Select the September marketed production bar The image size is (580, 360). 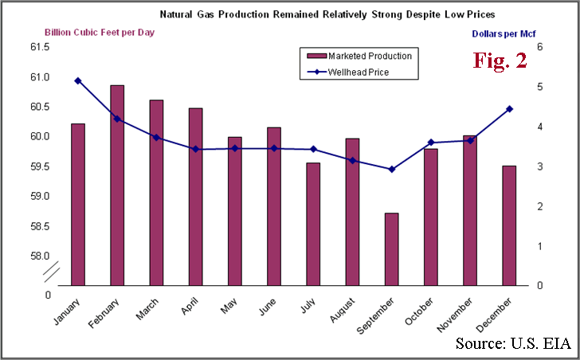click(391, 248)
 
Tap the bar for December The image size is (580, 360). click(509, 225)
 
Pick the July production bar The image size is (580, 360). click(313, 223)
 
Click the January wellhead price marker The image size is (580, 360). click(77, 80)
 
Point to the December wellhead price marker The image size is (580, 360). click(509, 109)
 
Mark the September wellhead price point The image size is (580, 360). click(391, 169)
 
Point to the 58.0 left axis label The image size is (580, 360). click(39, 256)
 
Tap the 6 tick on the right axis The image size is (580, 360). click(539, 47)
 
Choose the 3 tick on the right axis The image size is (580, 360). click(539, 166)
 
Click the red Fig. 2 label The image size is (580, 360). click(500, 61)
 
